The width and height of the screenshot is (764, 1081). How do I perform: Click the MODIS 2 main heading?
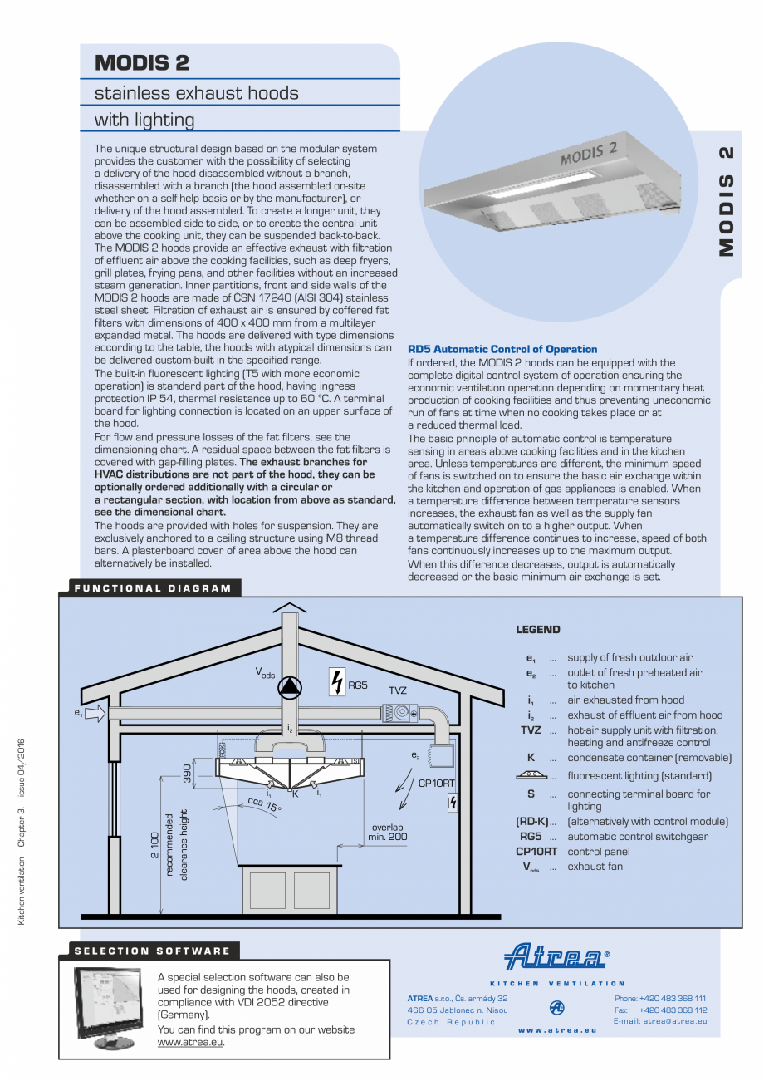coord(142,62)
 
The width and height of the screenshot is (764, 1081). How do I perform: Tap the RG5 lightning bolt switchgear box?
coord(337,681)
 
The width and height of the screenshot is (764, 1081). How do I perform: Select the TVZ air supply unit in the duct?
coord(400,713)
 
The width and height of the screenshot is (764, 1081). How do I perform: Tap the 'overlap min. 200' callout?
coord(387,832)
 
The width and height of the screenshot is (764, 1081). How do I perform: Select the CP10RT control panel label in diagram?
coord(435,783)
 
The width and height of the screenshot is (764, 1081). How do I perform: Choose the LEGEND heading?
coord(538,630)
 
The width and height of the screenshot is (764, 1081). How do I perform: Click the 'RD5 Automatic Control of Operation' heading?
coord(502,349)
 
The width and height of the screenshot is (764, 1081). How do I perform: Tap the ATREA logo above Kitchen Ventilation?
coord(556,956)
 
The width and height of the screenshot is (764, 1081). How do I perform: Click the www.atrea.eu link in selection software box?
coord(190,1043)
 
